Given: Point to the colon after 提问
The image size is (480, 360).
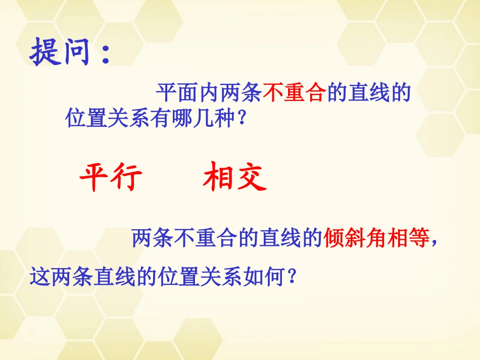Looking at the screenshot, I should [105, 55].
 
